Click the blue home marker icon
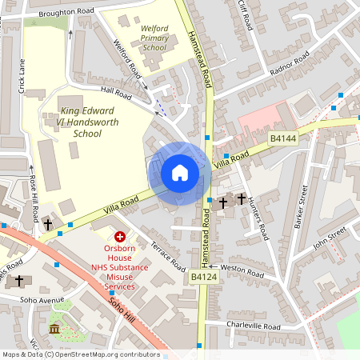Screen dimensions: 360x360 pos(180,173)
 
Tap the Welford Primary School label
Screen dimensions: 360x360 pos(154,38)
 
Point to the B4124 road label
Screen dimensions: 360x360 pos(204,277)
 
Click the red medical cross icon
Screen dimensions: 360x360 pos(120,237)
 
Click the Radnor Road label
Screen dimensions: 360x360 pos(290,62)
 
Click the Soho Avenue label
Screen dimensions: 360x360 pos(42,300)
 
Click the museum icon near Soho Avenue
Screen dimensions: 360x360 pos(54,330)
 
